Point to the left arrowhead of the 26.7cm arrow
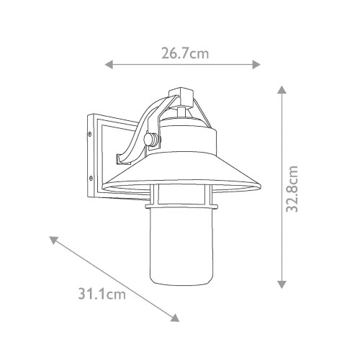click(109, 65)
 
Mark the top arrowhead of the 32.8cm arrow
click(282, 90)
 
